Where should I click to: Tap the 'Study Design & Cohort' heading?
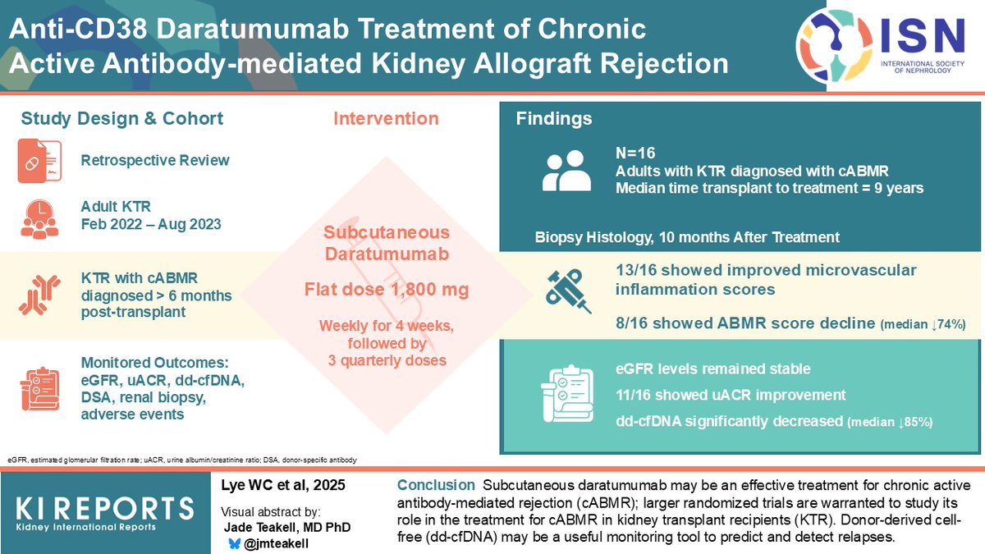coord(122,119)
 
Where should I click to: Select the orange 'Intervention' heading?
coord(386,119)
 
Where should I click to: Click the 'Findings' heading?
coord(554,119)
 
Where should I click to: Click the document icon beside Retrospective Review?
coord(39,161)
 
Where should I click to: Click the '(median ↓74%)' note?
coord(922,326)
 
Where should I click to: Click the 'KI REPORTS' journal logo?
coord(97,513)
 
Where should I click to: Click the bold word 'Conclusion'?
coord(435,485)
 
